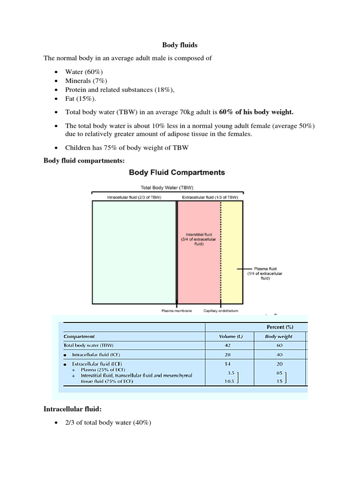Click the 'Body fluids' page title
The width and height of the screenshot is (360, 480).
point(180,45)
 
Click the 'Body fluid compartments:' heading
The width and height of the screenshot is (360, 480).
point(84,160)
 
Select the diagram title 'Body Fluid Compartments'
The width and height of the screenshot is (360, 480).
point(177,172)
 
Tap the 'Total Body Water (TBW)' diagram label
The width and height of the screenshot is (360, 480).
point(168,187)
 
